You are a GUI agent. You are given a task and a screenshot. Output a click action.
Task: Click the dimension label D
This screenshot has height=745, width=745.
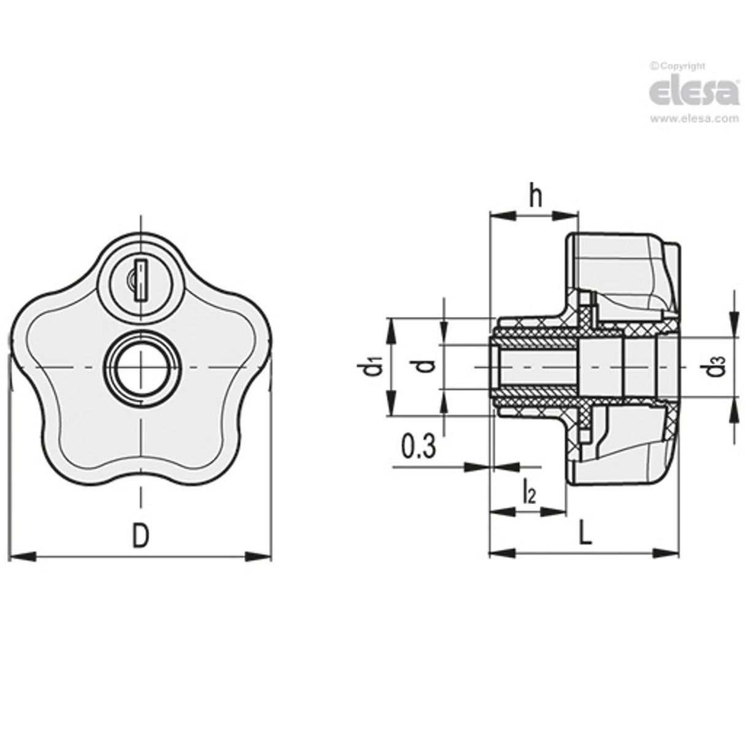click(141, 536)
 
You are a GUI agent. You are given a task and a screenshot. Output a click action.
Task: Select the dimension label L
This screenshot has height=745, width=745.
click(585, 536)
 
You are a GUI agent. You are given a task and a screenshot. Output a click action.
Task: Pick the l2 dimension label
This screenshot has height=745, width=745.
click(528, 491)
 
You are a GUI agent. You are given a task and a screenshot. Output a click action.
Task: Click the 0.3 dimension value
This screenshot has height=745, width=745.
click(419, 447)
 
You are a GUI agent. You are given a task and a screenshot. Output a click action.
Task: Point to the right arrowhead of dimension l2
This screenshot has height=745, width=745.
click(556, 510)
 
